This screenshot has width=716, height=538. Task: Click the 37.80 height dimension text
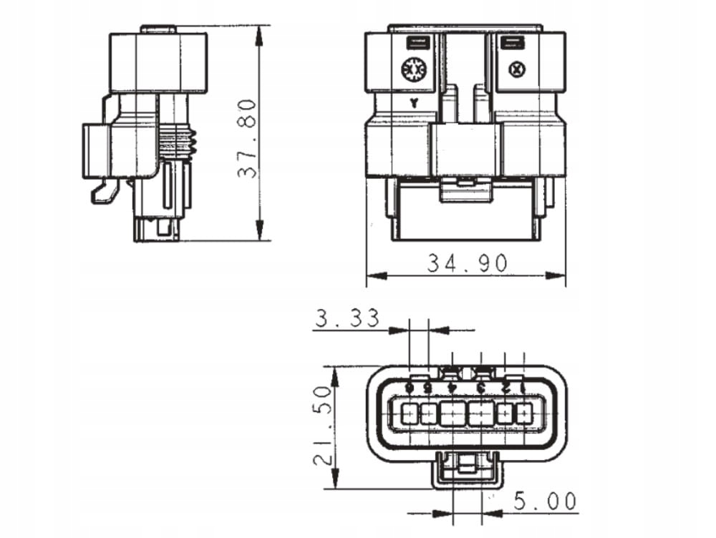[247, 138]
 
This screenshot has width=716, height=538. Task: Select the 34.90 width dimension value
[467, 263]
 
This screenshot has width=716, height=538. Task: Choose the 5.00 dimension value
[544, 502]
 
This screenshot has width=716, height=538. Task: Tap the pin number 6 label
[410, 387]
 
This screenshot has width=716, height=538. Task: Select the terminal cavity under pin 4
[453, 414]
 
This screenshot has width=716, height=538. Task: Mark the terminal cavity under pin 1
[524, 414]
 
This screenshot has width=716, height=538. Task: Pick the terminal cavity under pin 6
[410, 414]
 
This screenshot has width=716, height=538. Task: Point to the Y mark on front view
[414, 103]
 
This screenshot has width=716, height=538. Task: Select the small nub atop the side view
[158, 29]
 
